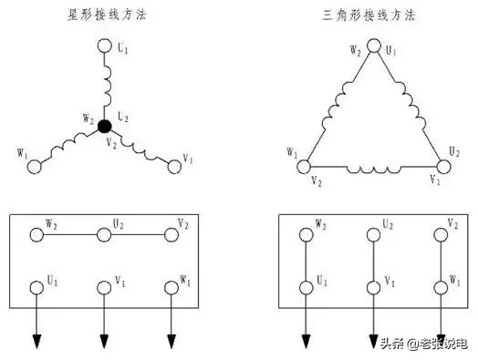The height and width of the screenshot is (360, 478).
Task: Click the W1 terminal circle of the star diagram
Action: pos(36,166)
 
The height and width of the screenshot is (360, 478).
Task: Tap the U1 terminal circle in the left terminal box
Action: pos(36,287)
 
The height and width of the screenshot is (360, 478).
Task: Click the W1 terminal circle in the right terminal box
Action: pos(441,287)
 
